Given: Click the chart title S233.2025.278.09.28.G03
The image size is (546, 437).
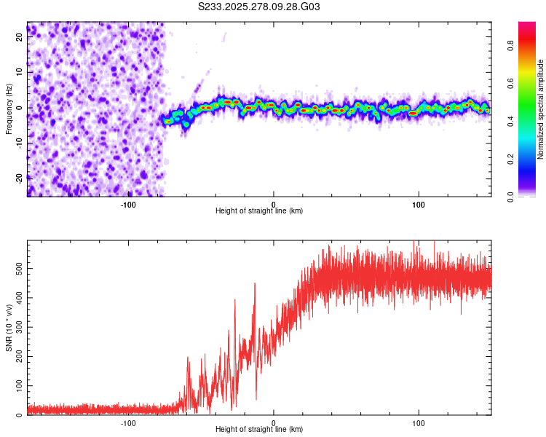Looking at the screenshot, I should point(259,7).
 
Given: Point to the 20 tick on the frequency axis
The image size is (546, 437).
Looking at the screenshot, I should point(20,38).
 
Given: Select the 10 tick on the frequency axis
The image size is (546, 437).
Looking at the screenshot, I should point(20,73).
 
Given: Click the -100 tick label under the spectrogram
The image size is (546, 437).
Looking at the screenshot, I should point(128,204).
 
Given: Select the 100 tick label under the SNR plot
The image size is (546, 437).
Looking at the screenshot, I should point(419,422).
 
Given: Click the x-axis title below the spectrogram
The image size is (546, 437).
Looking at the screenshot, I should point(259,211).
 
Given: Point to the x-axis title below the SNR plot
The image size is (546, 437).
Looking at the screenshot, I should point(259,430).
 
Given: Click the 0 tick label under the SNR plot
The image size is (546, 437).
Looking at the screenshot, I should point(274,422).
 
